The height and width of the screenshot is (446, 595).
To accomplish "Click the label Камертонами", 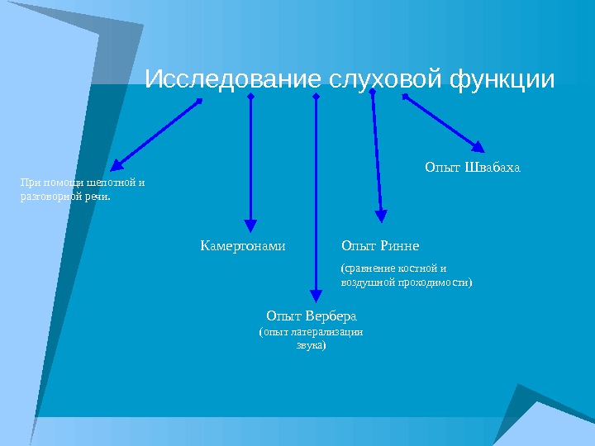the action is coord(243,246).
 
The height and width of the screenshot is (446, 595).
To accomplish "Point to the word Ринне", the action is coord(400,246).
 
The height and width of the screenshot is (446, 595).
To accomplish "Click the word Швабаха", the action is coord(495,168).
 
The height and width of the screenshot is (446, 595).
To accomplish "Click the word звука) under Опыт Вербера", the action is coord(311,346).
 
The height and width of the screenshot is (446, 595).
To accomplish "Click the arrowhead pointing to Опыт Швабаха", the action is coord(478,146).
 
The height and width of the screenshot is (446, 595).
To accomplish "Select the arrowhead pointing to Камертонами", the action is coord(250,224).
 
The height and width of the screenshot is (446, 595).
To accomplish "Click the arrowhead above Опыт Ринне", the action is coord(381,216).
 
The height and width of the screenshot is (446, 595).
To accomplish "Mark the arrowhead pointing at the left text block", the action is coord(117,165).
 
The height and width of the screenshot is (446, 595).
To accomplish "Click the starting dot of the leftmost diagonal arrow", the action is coord(199,102).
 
